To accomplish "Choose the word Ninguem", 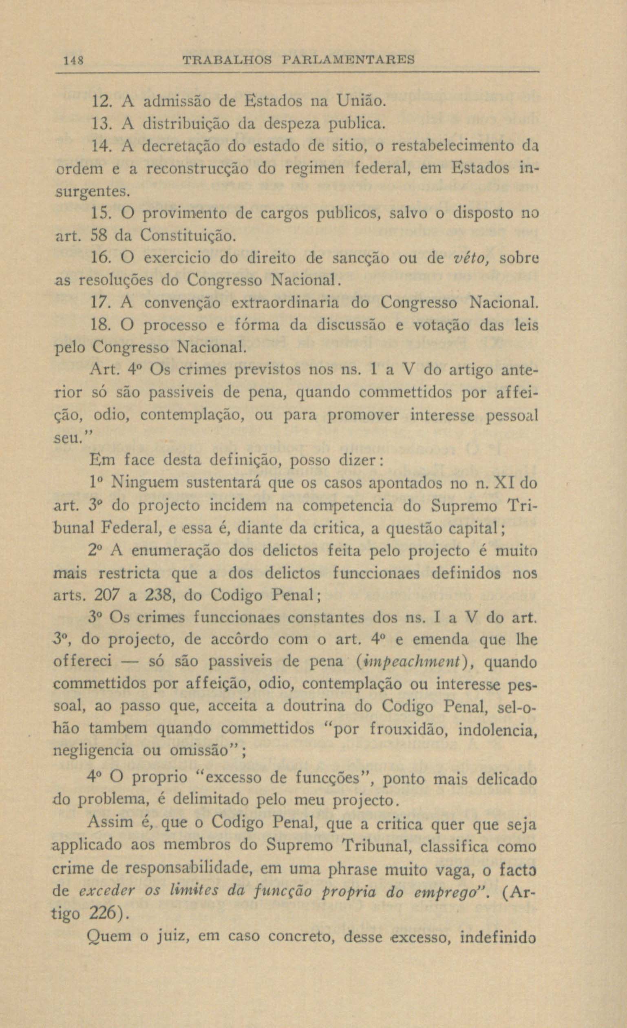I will point(146,483).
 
